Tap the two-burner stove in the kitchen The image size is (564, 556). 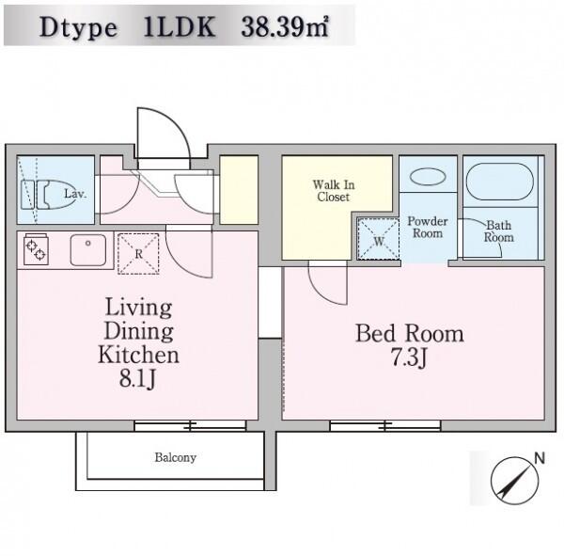click(x=36, y=249)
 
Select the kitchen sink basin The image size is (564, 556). click(x=88, y=250)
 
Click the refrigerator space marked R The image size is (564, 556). click(x=138, y=254)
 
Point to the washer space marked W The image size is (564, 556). click(x=378, y=239)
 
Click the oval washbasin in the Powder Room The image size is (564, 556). click(x=428, y=177)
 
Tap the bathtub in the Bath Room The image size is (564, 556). click(x=500, y=182)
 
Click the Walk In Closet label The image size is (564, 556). click(x=334, y=191)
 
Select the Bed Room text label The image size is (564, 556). click(x=410, y=333)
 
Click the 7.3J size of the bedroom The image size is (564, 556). click(x=409, y=357)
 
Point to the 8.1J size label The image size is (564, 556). click(x=138, y=379)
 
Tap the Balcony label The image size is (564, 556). click(x=175, y=458)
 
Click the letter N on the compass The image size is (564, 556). click(x=540, y=458)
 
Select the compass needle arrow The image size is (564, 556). click(x=515, y=481)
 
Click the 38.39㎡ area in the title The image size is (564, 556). click(x=285, y=27)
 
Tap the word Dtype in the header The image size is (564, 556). click(x=78, y=27)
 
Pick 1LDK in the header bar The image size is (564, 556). click(x=180, y=27)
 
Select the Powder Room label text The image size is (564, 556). click(x=428, y=228)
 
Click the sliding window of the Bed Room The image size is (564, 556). click(x=385, y=425)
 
